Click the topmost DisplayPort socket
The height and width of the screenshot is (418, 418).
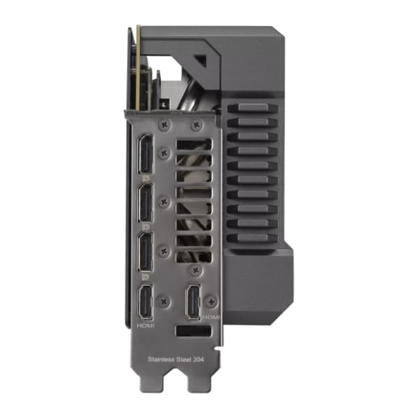pos(146,154)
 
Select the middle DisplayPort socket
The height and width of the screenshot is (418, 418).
pos(146,203)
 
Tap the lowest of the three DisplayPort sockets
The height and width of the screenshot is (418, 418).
pos(146,252)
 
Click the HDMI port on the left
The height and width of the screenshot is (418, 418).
pos(146,302)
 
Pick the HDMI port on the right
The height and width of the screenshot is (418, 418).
pos(194,302)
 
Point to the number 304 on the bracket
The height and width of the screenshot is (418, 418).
pos(198,359)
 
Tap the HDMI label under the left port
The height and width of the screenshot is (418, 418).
pos(146,325)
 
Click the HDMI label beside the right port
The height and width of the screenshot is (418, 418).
pos(211,317)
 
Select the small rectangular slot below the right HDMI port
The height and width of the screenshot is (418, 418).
pos(194,331)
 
